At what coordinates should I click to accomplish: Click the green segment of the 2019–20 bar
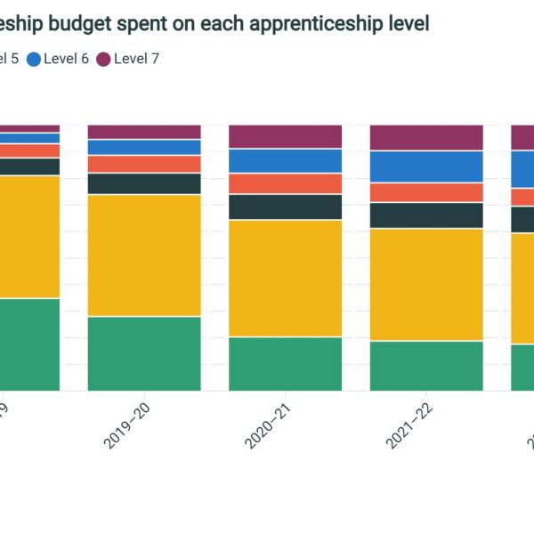pos(144,353)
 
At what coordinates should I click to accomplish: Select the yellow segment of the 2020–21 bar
pos(286,278)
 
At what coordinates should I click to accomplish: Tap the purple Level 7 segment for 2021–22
pos(426,137)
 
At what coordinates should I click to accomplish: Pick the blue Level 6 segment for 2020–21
pos(286,161)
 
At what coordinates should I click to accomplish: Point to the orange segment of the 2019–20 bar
pos(144,164)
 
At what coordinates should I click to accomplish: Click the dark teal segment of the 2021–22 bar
pos(426,215)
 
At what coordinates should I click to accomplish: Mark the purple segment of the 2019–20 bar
pos(144,132)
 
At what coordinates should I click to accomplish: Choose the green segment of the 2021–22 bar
pos(426,365)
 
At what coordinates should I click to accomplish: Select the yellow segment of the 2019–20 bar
pos(144,255)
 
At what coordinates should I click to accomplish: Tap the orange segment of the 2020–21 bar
pos(286,183)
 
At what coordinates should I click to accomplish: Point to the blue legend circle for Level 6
pos(34,59)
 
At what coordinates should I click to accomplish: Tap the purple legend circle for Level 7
pos(103,59)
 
